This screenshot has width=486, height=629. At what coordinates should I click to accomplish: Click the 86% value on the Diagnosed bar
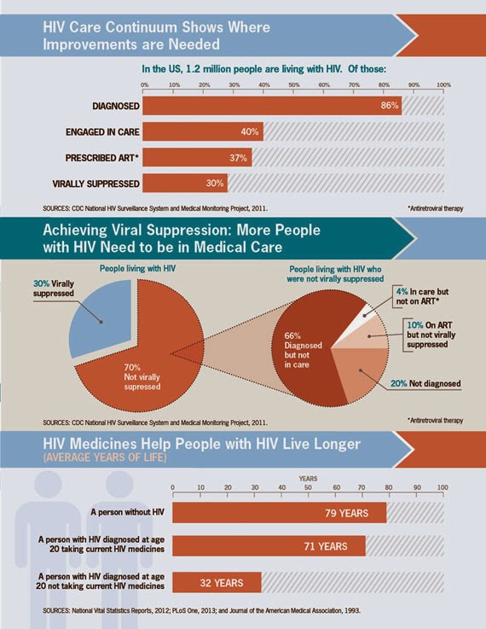[390, 106]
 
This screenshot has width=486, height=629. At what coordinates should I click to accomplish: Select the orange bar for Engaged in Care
[203, 131]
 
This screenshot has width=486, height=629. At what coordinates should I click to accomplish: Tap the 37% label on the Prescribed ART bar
[238, 158]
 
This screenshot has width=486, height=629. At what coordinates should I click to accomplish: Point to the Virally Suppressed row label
[95, 183]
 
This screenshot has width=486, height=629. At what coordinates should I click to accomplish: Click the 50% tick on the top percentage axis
[293, 85]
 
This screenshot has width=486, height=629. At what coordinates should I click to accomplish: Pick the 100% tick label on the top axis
[443, 85]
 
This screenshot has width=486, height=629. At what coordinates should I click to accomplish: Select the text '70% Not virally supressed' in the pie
[142, 377]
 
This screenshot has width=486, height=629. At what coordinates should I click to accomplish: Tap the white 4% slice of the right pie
[366, 312]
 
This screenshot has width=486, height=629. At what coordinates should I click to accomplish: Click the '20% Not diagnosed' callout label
[425, 383]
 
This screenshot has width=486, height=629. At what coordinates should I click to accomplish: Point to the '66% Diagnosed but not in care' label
[303, 350]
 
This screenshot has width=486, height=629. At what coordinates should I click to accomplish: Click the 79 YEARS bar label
[346, 513]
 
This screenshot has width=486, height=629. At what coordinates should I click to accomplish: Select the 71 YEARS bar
[269, 546]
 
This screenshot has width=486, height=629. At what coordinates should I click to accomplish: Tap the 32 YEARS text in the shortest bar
[221, 583]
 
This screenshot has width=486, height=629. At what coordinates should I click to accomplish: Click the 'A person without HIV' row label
[127, 512]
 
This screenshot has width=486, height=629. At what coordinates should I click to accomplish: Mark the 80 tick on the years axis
[389, 487]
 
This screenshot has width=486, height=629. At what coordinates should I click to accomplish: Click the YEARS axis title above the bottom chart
[308, 479]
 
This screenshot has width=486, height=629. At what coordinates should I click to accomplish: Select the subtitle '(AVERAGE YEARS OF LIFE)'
[105, 457]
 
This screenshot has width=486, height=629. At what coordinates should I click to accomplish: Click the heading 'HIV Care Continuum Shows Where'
[156, 27]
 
